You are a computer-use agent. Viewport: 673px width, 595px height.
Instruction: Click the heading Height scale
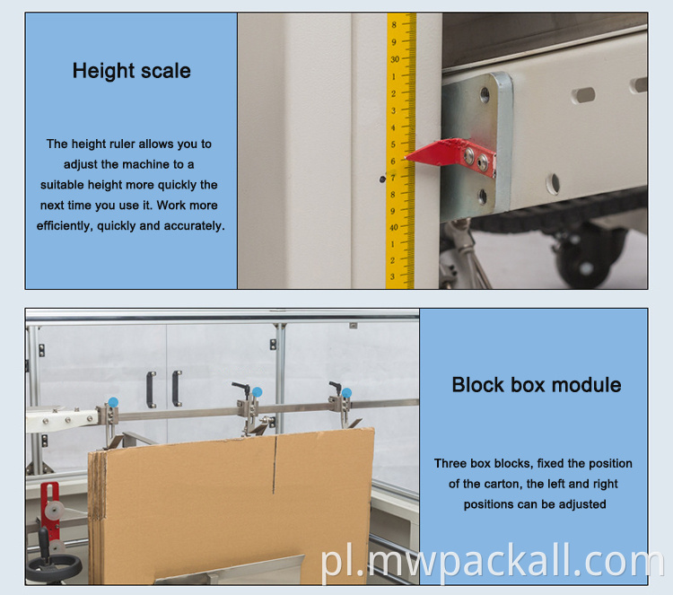(x=131, y=71)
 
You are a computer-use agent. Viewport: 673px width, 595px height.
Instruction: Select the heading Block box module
(x=536, y=385)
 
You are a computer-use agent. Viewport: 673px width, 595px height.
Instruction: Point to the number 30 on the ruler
(x=395, y=59)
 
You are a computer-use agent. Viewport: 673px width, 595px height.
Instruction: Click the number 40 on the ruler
(x=394, y=227)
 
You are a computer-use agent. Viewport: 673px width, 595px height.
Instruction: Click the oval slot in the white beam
(x=583, y=95)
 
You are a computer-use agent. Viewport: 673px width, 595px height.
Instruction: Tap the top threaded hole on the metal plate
(x=485, y=93)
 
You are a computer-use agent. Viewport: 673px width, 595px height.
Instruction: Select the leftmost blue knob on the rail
(x=113, y=402)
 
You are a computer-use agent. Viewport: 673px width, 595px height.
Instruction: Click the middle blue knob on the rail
(x=257, y=392)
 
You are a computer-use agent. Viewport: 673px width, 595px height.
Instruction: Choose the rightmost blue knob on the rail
(x=346, y=393)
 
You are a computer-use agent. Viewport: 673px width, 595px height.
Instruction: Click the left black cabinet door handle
(x=151, y=389)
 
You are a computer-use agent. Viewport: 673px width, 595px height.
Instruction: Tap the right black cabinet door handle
(x=177, y=388)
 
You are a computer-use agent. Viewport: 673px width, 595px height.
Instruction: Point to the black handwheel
(x=54, y=565)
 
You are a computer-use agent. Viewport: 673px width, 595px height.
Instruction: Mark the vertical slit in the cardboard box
(x=275, y=464)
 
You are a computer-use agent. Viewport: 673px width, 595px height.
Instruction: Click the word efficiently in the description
(x=65, y=226)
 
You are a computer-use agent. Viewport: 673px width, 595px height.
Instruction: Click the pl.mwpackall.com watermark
(x=493, y=561)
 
